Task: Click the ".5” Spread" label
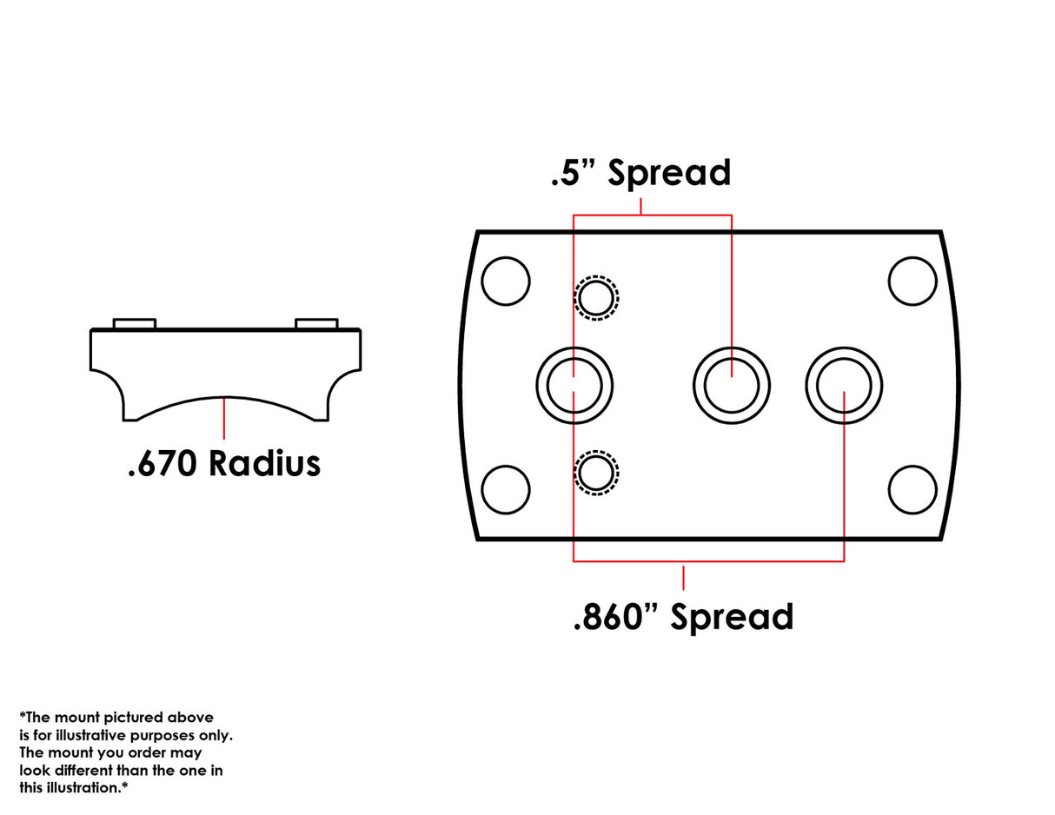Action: pyautogui.click(x=640, y=173)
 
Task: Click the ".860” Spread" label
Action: pyautogui.click(x=683, y=616)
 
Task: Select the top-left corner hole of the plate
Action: pyautogui.click(x=505, y=281)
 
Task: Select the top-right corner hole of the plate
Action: pyautogui.click(x=912, y=281)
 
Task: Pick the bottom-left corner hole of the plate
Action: pyautogui.click(x=505, y=489)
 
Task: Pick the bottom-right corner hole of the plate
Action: pyautogui.click(x=912, y=489)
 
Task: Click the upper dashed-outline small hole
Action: pyautogui.click(x=596, y=298)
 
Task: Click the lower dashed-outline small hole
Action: pyautogui.click(x=596, y=473)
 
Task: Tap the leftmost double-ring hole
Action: pyautogui.click(x=574, y=384)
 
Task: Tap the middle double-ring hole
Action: pyautogui.click(x=732, y=384)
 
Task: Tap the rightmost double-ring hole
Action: pyautogui.click(x=844, y=384)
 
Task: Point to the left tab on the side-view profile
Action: pyautogui.click(x=135, y=323)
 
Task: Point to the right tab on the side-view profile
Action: pyautogui.click(x=316, y=323)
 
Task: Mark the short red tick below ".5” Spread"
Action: pyautogui.click(x=640, y=206)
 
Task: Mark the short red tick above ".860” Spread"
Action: pyautogui.click(x=683, y=576)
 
